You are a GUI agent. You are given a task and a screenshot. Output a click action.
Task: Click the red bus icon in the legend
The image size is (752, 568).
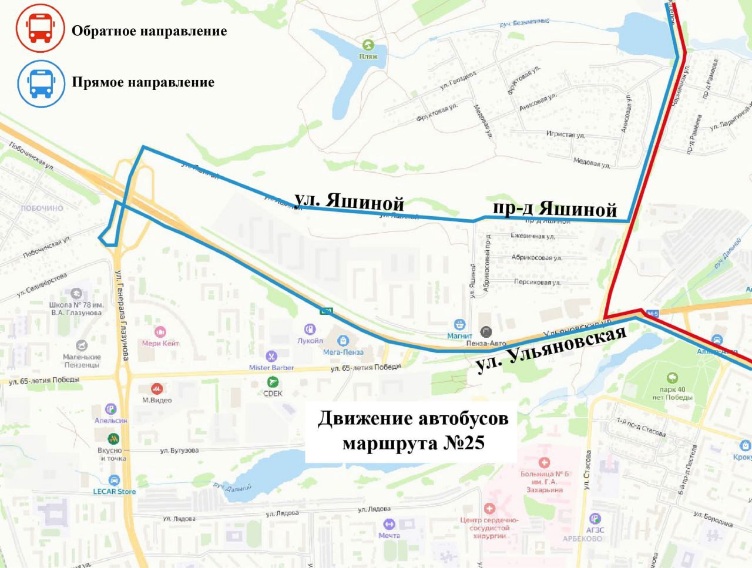coord(40,28)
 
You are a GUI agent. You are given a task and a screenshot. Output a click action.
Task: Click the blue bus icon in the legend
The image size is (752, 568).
coord(41,83)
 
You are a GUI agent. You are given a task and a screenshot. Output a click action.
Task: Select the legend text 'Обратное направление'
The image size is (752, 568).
coord(149,31)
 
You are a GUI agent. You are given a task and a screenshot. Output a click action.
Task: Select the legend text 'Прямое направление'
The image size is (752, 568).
coord(143,82)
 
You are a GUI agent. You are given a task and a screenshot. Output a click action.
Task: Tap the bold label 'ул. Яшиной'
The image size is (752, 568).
coord(349,201)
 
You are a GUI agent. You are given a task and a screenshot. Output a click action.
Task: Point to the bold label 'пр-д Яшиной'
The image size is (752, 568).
coord(555,209)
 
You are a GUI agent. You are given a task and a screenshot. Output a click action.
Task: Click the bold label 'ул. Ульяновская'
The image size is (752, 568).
coord(551,349)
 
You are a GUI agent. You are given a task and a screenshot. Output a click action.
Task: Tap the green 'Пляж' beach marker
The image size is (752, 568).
coord(368,45)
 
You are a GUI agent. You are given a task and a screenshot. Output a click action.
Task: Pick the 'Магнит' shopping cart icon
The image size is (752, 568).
coord(459,324)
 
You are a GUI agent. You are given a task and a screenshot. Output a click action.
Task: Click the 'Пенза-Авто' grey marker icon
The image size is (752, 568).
coord(486,332)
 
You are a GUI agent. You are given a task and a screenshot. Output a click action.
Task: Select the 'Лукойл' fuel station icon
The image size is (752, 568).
coord(310,330)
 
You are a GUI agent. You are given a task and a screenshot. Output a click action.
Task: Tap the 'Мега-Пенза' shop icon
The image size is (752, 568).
coord(343,341)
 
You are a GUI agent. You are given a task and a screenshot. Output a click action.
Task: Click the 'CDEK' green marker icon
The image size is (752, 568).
coord(273,382)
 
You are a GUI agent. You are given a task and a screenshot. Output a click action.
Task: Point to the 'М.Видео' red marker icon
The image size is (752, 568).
coord(157,389)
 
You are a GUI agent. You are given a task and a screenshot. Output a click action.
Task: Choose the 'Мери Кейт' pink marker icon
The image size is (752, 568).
coord(160,332)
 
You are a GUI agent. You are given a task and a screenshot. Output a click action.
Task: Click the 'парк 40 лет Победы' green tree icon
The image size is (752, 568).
coord(672,378)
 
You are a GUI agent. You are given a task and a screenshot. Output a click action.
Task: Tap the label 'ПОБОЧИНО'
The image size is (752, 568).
coord(42,208)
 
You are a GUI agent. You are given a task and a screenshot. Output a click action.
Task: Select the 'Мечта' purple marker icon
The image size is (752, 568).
coord(389,524)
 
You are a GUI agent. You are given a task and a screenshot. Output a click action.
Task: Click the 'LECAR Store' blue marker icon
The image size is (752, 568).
coord(114,480)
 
